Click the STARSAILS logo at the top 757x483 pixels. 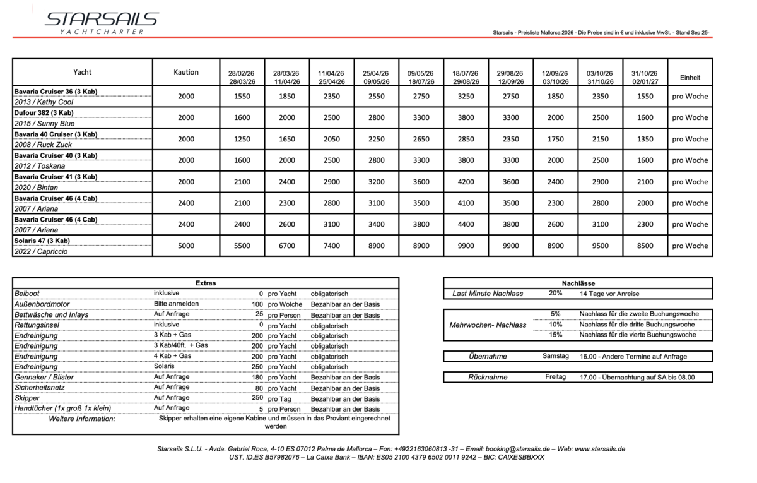pyautogui.click(x=102, y=22)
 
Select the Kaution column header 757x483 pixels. pyautogui.click(x=186, y=72)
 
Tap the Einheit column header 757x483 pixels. pyautogui.click(x=690, y=78)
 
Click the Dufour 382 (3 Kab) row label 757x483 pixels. pyautogui.click(x=44, y=112)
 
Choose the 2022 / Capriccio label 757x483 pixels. pyautogui.click(x=40, y=251)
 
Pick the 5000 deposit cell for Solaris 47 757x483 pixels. pyautogui.click(x=186, y=246)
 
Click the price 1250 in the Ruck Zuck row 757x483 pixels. pyautogui.click(x=242, y=139)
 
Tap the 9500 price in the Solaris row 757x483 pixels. pyautogui.click(x=600, y=246)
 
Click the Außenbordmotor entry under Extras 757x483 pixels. pyautogui.click(x=43, y=304)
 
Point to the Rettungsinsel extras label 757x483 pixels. pyautogui.click(x=40, y=325)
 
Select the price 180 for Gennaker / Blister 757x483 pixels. pyautogui.click(x=257, y=377)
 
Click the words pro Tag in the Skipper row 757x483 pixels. pyautogui.click(x=279, y=398)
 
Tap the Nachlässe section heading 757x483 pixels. pyautogui.click(x=578, y=283)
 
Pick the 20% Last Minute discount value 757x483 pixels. pyautogui.click(x=555, y=294)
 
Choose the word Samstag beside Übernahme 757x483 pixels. pyautogui.click(x=555, y=356)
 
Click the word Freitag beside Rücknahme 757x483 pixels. pyautogui.click(x=555, y=377)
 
